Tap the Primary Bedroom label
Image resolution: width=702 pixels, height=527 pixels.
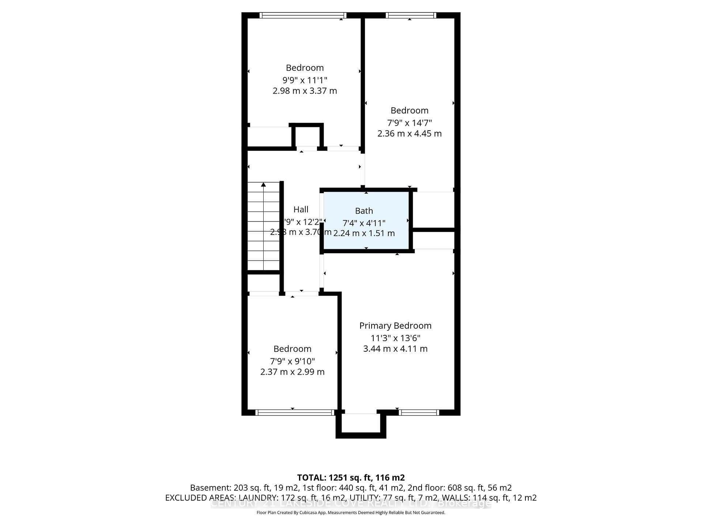395,326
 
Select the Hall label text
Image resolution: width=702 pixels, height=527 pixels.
301,209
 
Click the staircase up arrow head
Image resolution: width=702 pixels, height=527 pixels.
263,185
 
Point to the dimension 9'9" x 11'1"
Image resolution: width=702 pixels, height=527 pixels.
305,80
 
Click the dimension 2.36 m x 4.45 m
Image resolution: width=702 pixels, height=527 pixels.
409,134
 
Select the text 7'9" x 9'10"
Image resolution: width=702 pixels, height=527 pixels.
292,361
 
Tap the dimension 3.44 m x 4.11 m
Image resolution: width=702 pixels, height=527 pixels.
395,349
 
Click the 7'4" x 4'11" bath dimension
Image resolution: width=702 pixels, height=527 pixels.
364,223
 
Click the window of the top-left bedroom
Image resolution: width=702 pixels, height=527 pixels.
303,15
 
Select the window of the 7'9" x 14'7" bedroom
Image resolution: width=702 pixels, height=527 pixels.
411,15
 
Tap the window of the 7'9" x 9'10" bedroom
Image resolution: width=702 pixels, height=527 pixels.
295,412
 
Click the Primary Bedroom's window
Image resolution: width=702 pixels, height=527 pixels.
419,412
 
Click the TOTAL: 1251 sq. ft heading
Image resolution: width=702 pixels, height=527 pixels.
351,478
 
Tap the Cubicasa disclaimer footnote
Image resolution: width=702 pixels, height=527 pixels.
351,513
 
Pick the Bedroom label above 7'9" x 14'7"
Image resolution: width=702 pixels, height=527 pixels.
409,111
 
